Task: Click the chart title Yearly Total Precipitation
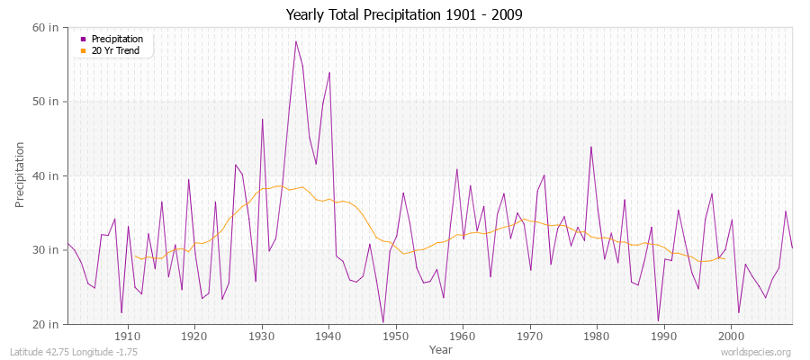point(404,14)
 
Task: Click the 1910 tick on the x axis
point(128,337)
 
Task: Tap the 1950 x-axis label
point(396,337)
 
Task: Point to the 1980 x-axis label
point(597,337)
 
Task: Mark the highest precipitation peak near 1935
point(295,41)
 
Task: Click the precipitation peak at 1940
point(329,72)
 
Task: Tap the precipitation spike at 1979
point(590,147)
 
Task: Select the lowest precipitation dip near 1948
point(382,322)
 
